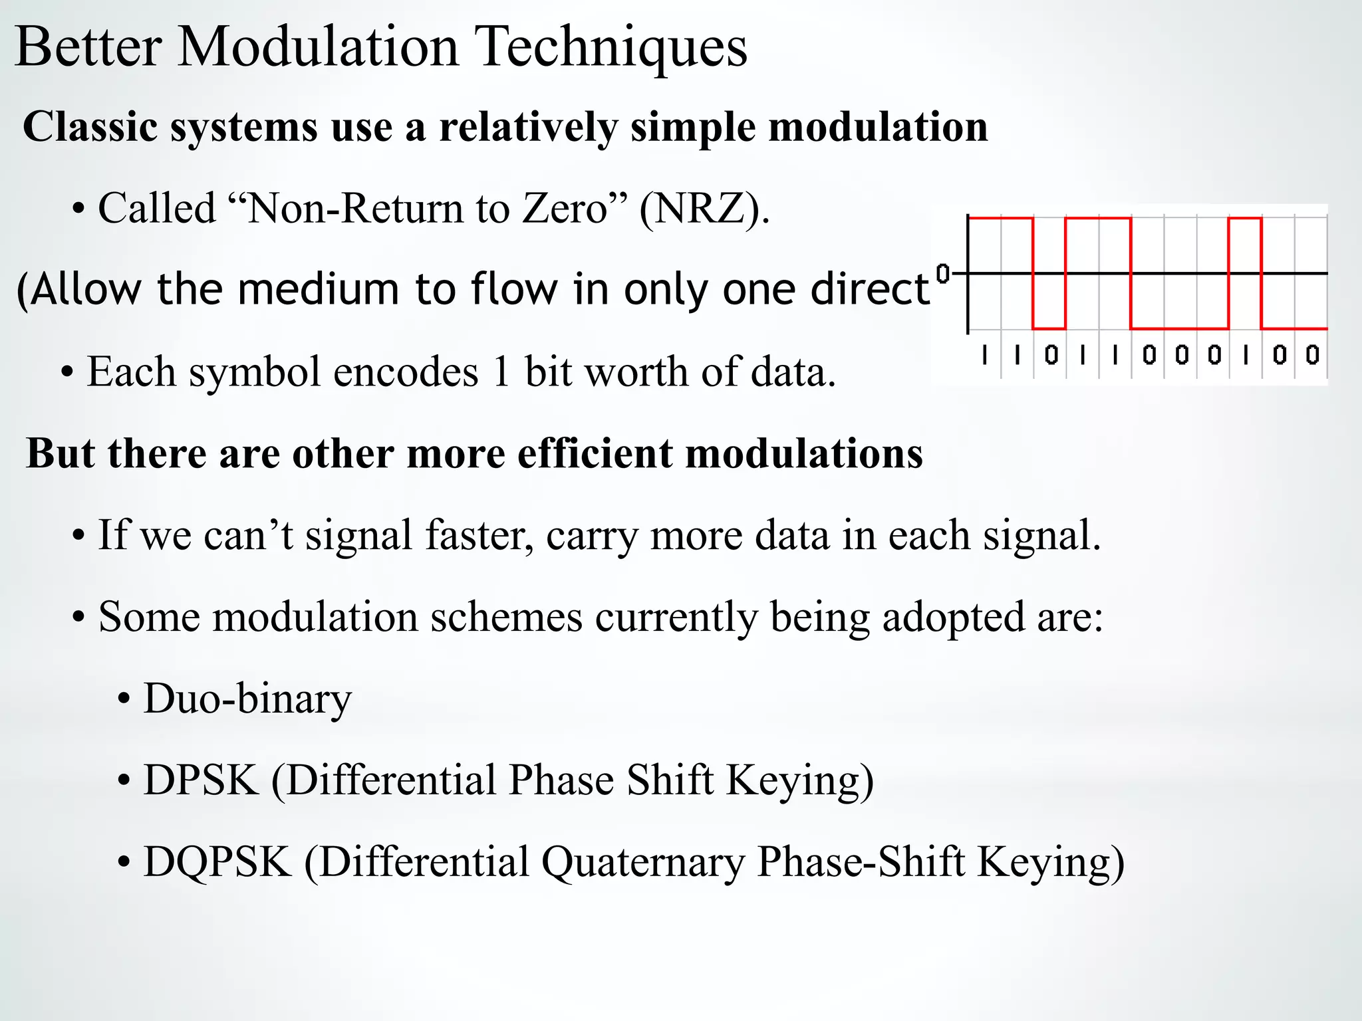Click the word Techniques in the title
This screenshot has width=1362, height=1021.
[x=613, y=48]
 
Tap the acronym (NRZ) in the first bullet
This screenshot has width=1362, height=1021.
[x=704, y=209]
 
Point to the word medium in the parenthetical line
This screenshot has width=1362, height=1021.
[x=318, y=290]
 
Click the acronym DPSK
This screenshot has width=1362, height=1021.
[x=201, y=780]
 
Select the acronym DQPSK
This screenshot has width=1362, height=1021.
[x=217, y=862]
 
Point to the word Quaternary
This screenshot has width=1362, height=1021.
[x=642, y=863]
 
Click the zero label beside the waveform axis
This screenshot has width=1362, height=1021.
[x=942, y=273]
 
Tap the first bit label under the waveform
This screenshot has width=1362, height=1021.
[x=985, y=356]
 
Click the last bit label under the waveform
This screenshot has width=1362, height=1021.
[x=1312, y=356]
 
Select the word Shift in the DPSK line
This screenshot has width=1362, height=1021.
[x=669, y=780]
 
